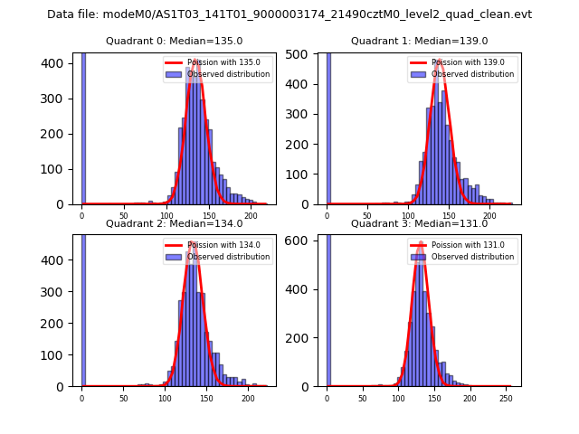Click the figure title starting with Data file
[x=289, y=14]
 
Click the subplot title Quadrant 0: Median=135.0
[x=174, y=41]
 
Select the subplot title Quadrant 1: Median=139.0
[x=419, y=41]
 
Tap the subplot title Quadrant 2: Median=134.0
[x=174, y=223]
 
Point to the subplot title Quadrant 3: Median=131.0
[x=419, y=223]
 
